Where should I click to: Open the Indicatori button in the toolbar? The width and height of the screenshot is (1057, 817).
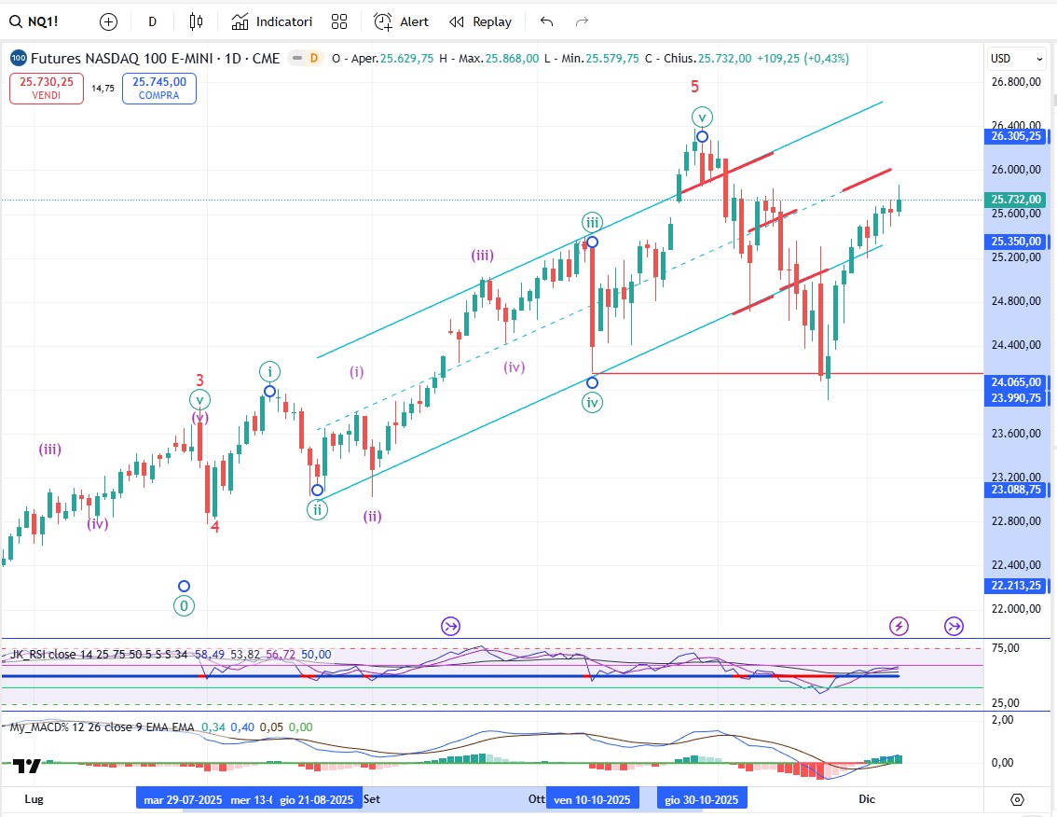coord(272,21)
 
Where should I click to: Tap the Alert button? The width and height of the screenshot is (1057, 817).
coord(402,21)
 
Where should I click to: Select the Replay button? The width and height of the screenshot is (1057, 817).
coord(480,21)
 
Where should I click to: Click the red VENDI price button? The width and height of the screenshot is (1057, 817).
coord(48,89)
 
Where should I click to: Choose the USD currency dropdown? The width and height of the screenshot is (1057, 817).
coord(1016,59)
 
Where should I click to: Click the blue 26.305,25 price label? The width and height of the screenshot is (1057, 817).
coord(1017,136)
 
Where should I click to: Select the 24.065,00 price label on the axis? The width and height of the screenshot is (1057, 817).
coord(1017,381)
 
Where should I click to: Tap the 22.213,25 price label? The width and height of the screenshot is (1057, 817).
coord(1017,586)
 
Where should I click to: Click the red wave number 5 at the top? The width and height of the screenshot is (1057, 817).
coord(694,87)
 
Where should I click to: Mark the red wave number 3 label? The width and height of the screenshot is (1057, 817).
coord(199,380)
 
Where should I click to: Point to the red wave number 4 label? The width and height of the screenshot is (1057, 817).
coord(214,526)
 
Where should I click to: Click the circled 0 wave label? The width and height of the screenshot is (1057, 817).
coord(185,606)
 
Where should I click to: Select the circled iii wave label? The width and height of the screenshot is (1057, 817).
coord(592,222)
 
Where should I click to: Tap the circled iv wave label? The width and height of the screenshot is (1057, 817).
coord(592,403)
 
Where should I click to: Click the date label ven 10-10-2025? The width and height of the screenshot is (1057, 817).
coord(593,799)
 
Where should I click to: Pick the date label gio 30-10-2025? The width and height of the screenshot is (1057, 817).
coord(702,799)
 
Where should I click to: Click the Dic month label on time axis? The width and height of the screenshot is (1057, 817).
coord(867,799)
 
